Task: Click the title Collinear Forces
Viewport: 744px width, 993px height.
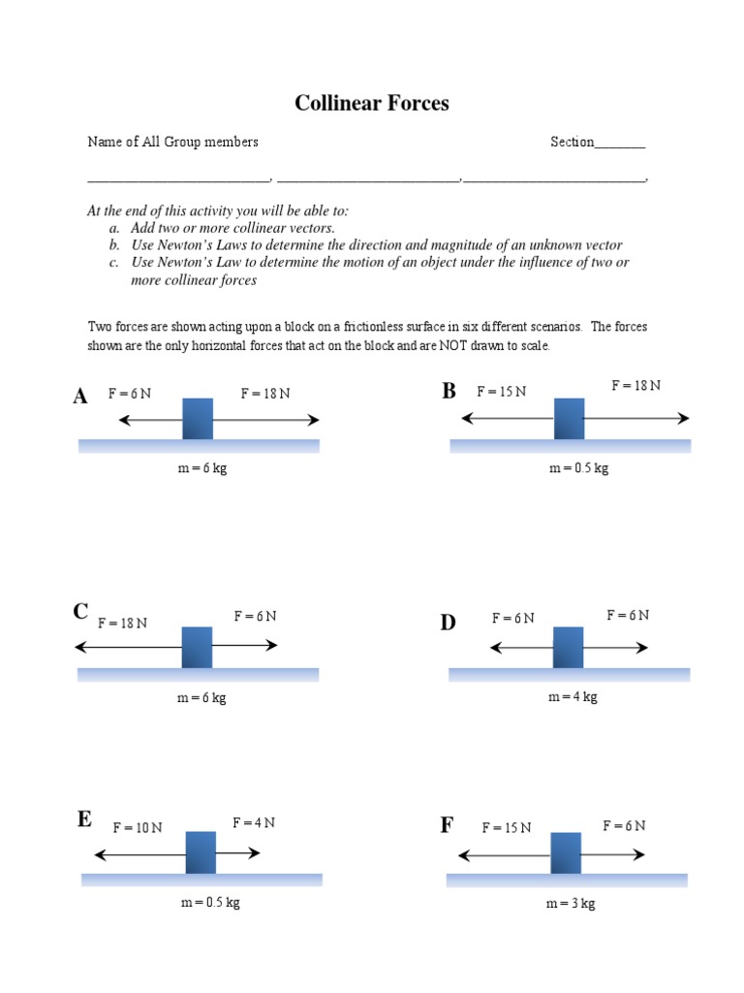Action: coord(372,104)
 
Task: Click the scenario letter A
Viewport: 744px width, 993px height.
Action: coord(80,396)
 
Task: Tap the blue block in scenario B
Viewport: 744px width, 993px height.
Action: coord(570,418)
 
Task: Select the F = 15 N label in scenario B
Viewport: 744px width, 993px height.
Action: coord(502,391)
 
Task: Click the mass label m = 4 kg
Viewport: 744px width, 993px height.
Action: coord(573,697)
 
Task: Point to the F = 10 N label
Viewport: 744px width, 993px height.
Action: coord(138,827)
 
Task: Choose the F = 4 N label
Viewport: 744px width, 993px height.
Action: coord(254,822)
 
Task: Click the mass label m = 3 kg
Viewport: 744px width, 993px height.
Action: coord(571,903)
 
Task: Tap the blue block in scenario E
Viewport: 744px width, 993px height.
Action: coord(201,852)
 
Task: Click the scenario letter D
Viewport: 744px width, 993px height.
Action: coord(448,623)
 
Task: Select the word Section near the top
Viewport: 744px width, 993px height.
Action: coord(572,142)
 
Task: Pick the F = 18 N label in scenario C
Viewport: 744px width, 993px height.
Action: coord(122,623)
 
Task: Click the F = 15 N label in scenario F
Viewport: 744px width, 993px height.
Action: coord(507,827)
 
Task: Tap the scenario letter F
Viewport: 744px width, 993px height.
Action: coord(447,825)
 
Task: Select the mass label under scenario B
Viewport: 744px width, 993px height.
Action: coord(579,468)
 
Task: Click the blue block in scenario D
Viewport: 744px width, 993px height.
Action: coord(569,647)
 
